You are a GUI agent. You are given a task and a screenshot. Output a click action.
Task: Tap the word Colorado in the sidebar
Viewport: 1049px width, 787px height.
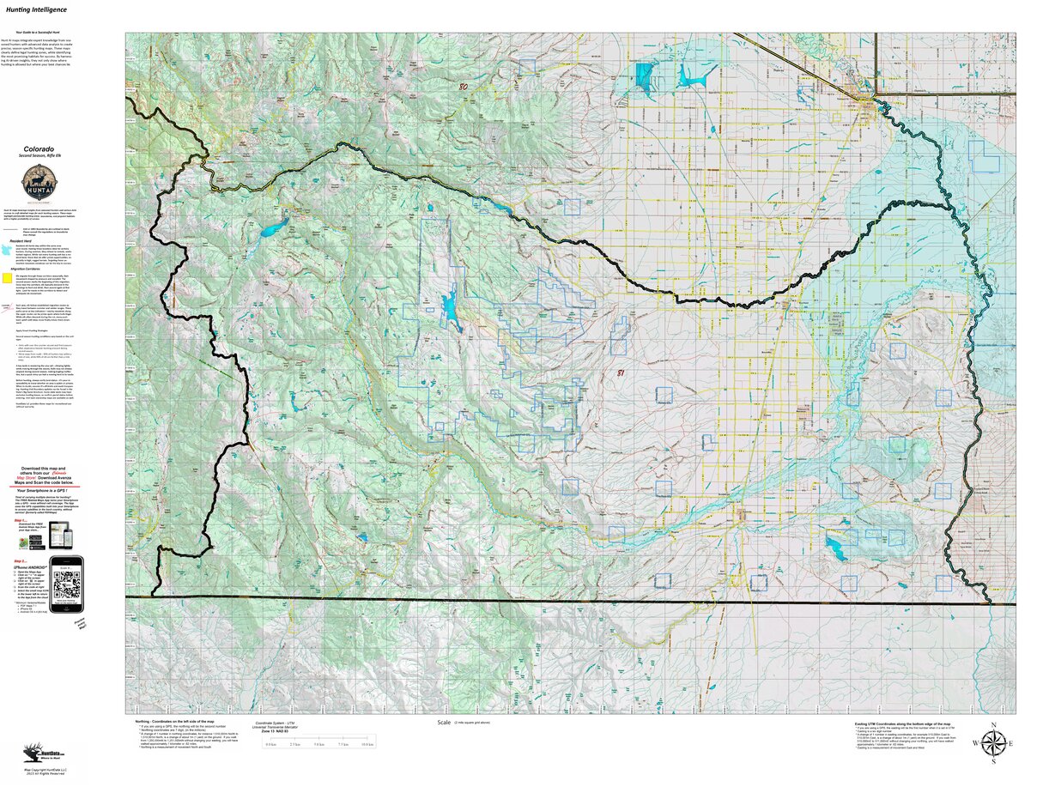36,148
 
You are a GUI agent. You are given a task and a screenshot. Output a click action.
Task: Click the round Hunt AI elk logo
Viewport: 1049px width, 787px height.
36,183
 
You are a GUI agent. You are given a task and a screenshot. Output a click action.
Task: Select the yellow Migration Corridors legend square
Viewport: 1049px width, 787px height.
8,278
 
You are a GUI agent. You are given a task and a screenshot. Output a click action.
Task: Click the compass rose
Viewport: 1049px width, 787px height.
993,742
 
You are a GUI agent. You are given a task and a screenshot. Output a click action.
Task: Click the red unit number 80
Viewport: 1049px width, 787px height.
464,87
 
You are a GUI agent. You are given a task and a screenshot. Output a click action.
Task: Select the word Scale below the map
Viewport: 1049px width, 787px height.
444,723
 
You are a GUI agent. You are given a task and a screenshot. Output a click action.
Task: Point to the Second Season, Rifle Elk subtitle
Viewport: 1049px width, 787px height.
36,155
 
